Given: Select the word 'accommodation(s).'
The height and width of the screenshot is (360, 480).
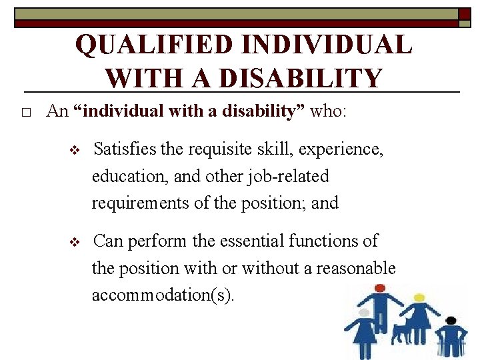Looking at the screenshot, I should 163,295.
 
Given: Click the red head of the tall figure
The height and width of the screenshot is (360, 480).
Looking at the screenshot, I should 380,289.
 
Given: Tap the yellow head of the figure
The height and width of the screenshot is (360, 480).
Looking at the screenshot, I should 419,297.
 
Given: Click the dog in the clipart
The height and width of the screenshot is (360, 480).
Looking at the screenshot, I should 405,331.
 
